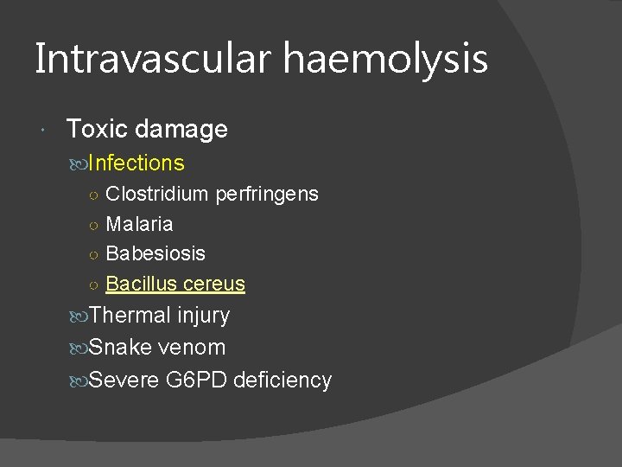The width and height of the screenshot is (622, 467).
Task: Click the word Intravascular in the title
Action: (x=155, y=59)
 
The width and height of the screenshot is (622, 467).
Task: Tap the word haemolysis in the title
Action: (x=387, y=59)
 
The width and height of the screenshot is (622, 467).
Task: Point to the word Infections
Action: (x=136, y=163)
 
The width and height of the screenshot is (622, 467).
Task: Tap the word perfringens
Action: (x=266, y=194)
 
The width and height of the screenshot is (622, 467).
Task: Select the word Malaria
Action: (x=139, y=224)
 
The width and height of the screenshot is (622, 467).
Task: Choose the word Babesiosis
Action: (x=155, y=253)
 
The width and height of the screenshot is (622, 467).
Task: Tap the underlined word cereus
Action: (x=214, y=284)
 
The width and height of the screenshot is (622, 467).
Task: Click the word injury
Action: (x=203, y=316)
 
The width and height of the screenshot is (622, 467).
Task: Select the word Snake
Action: (x=122, y=348)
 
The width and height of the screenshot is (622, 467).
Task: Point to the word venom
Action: (x=193, y=348)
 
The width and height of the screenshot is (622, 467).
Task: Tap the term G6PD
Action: (x=200, y=380)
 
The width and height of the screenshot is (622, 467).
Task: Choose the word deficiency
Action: (x=283, y=380)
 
